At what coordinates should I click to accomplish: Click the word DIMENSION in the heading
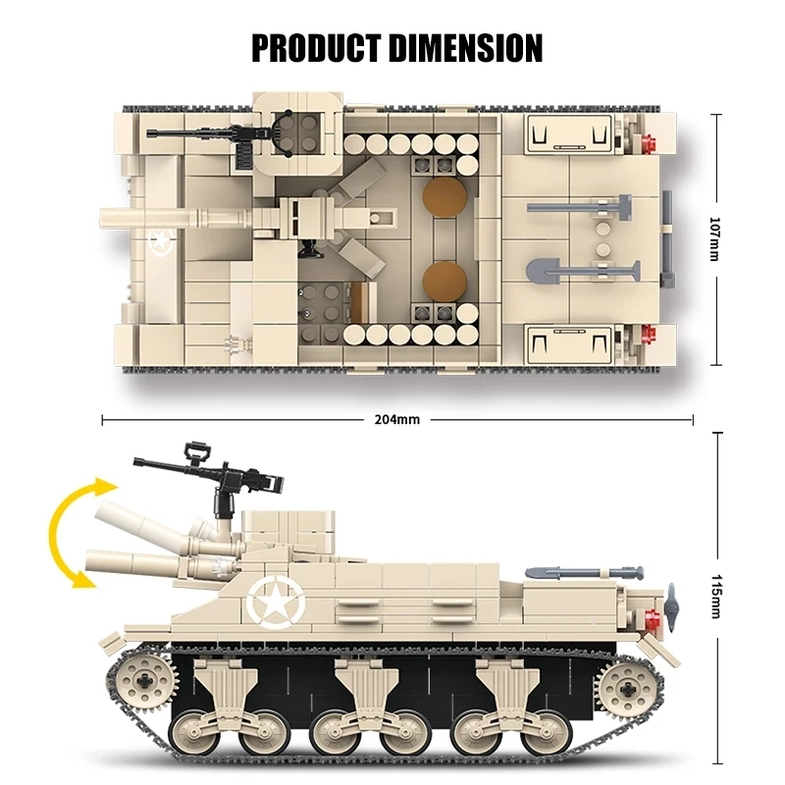[x=465, y=46]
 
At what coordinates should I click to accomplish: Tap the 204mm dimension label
[x=396, y=420]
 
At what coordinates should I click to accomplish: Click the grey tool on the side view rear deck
[x=584, y=570]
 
